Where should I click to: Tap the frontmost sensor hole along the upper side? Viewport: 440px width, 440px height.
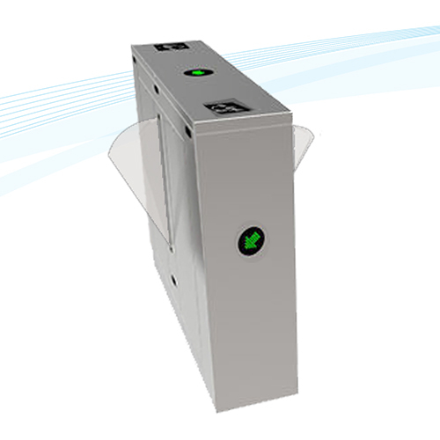[x=188, y=131]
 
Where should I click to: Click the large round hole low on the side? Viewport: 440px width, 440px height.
[x=173, y=282]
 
